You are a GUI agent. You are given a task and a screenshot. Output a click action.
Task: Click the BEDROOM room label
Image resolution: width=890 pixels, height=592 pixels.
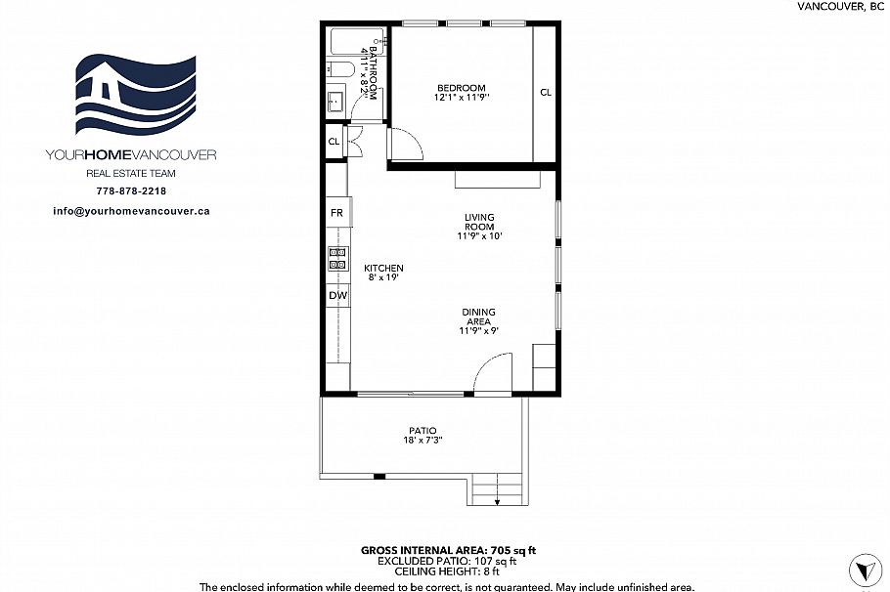pyautogui.click(x=461, y=88)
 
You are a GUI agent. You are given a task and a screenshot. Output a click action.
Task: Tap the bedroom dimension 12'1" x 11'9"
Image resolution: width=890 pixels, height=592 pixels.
pyautogui.click(x=461, y=98)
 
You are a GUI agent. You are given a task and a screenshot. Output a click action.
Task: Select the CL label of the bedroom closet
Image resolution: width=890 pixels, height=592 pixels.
pyautogui.click(x=546, y=93)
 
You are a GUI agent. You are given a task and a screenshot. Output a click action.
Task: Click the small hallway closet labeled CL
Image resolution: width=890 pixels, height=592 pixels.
pyautogui.click(x=334, y=142)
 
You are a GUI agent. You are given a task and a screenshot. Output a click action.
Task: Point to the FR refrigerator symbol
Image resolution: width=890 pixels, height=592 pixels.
pyautogui.click(x=336, y=213)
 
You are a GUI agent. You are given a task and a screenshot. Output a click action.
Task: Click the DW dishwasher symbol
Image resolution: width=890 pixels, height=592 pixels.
pyautogui.click(x=336, y=295)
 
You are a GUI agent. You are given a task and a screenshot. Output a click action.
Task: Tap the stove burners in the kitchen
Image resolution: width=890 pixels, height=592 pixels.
pyautogui.click(x=336, y=258)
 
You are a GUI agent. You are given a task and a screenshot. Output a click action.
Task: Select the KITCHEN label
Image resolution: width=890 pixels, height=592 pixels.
pyautogui.click(x=383, y=269)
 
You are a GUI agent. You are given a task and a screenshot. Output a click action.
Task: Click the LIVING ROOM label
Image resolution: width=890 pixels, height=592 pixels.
pyautogui.click(x=479, y=222)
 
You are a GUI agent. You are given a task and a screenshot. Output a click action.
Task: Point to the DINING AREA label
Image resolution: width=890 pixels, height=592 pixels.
pyautogui.click(x=479, y=317)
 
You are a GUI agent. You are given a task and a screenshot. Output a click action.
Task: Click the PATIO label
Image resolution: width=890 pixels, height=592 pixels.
pyautogui.click(x=423, y=431)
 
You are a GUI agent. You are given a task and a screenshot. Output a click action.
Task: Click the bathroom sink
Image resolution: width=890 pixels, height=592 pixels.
pyautogui.click(x=334, y=100)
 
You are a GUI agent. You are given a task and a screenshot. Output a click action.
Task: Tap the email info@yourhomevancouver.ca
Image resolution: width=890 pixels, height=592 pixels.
pyautogui.click(x=131, y=210)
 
